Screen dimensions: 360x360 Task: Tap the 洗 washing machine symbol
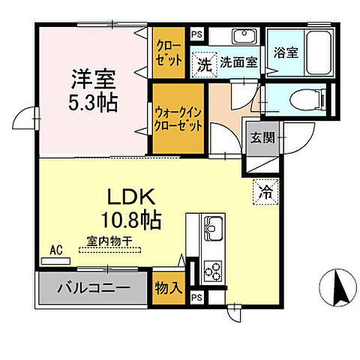tap(203, 64)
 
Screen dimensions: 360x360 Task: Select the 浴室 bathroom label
tap(286, 54)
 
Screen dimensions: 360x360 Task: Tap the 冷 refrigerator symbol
tap(265, 191)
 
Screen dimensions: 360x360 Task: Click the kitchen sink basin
tap(211, 224)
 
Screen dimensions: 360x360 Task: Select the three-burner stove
tap(211, 271)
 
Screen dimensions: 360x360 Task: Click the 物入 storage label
tap(167, 287)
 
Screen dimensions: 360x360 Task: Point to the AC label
tap(55, 251)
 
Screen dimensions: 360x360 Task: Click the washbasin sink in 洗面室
tap(242, 37)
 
